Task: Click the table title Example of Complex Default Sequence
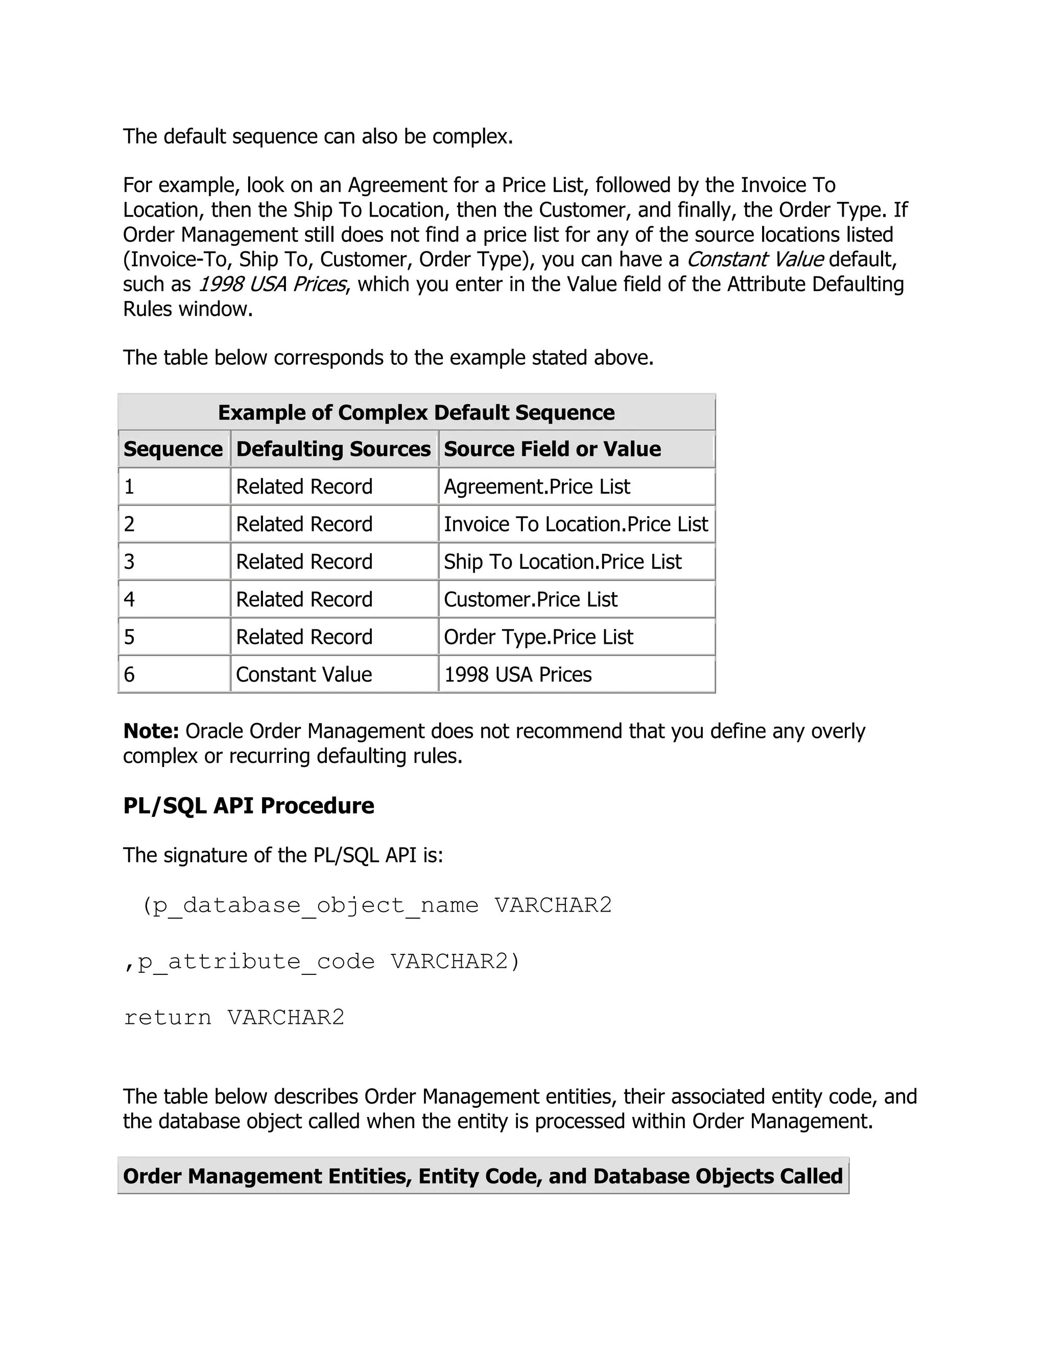pos(416,412)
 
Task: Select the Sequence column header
pos(173,449)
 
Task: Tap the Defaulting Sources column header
pos(334,449)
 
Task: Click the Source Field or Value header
pos(552,449)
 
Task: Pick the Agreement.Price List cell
pos(537,486)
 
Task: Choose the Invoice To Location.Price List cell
pos(576,525)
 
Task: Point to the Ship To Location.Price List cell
pos(562,562)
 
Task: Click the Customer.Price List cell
pos(531,599)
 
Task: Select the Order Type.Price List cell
pos(538,637)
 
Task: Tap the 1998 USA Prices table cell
pos(517,674)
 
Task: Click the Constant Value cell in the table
pos(304,674)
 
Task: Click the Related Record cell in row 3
pos(304,562)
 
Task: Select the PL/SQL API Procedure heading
pos(249,805)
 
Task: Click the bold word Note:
pos(151,731)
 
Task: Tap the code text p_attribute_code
pos(256,962)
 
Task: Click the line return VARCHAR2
pos(233,1017)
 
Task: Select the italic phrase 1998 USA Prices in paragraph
pos(271,284)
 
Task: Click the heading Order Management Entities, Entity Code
pos(483,1176)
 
